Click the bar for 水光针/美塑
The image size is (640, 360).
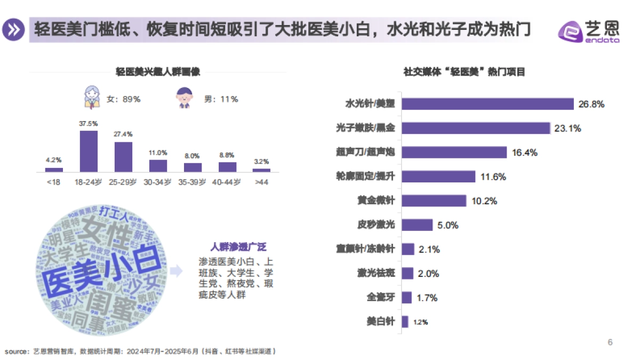(x=487, y=104)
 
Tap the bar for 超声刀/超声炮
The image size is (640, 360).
(x=454, y=153)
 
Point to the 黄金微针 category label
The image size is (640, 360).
(x=376, y=201)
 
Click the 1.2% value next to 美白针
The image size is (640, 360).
(x=421, y=322)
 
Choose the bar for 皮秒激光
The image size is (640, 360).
(x=417, y=225)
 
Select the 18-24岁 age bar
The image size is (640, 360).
(x=89, y=151)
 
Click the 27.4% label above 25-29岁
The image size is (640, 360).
(x=123, y=134)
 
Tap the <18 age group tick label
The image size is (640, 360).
(x=54, y=182)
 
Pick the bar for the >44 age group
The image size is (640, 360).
(x=261, y=170)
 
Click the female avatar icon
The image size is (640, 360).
(x=92, y=98)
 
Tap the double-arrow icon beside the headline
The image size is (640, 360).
(x=14, y=29)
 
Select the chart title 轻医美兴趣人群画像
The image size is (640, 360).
(x=158, y=72)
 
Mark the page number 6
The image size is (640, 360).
(x=610, y=342)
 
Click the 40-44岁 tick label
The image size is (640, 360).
(x=227, y=182)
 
